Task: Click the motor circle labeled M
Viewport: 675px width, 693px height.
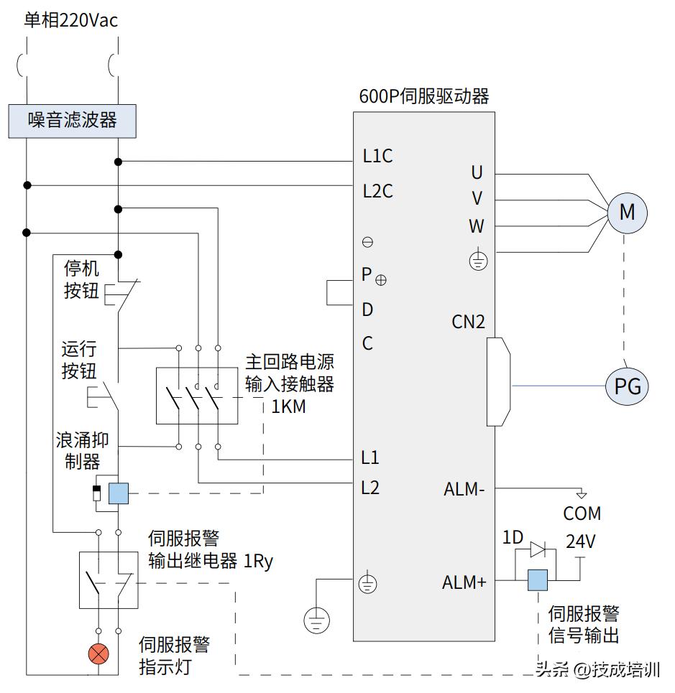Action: [x=627, y=212]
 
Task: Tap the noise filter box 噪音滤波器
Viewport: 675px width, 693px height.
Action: [x=72, y=120]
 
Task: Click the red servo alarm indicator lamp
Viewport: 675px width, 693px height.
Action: [x=98, y=654]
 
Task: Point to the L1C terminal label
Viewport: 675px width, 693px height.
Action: [x=377, y=157]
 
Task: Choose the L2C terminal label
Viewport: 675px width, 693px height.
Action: [x=377, y=192]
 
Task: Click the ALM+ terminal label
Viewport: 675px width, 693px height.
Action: [x=464, y=582]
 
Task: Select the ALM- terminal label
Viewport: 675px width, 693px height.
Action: [x=464, y=490]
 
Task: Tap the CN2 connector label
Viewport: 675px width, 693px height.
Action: [x=468, y=322]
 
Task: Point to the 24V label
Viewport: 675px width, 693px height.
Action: [x=581, y=541]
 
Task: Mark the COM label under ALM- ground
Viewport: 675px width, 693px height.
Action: [x=582, y=513]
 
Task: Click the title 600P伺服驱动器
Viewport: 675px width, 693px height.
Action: [x=424, y=96]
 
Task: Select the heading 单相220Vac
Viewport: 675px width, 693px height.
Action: [x=70, y=21]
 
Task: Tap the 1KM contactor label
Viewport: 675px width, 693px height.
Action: [x=288, y=406]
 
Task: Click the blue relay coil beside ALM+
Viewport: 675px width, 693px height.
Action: [x=538, y=580]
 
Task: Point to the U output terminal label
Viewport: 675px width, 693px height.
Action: [x=477, y=172]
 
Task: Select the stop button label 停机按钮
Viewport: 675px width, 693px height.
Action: [x=81, y=281]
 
